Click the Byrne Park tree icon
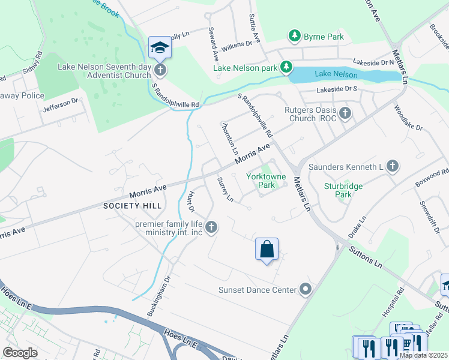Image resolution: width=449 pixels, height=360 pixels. [294, 37]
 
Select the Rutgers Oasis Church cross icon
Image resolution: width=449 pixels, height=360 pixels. [345, 113]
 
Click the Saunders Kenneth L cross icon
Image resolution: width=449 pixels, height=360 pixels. [392, 166]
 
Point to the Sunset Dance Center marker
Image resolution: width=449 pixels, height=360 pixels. [306, 290]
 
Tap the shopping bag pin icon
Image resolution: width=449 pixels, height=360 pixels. [267, 248]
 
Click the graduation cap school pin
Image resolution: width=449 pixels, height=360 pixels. [160, 47]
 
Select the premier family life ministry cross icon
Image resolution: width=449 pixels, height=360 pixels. [211, 227]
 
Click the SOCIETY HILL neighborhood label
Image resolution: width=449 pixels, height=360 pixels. [130, 206]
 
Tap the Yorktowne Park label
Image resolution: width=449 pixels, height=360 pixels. [261, 181]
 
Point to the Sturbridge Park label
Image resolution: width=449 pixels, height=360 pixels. [343, 190]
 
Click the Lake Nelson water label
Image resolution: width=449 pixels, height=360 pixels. [336, 74]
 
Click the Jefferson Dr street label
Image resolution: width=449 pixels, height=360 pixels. [61, 105]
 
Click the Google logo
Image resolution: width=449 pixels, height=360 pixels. [20, 353]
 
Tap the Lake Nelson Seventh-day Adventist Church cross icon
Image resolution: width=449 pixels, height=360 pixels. [160, 70]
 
